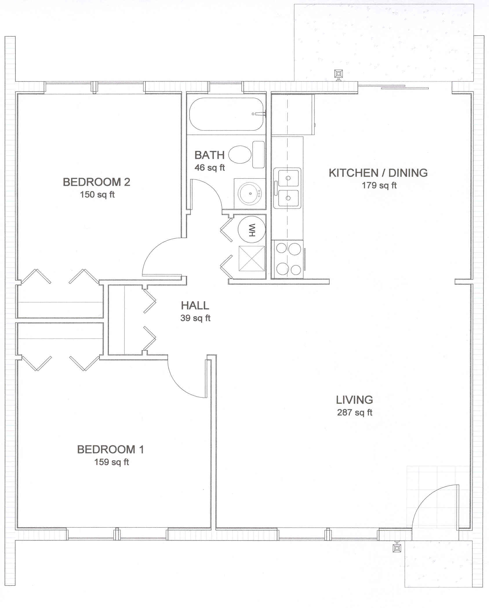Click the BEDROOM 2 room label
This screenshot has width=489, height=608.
97,182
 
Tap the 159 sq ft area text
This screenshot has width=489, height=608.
111,462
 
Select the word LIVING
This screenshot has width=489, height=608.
354,400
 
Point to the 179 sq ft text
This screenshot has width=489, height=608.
379,185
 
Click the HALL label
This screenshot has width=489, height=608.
195,306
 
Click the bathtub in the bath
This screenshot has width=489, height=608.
226,114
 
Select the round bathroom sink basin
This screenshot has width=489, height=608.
250,192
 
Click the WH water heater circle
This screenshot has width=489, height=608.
251,229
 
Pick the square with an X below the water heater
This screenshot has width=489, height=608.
252,258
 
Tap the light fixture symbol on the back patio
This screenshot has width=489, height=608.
338,74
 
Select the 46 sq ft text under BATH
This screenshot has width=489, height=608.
210,168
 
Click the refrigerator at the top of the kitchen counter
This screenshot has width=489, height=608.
293,115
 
